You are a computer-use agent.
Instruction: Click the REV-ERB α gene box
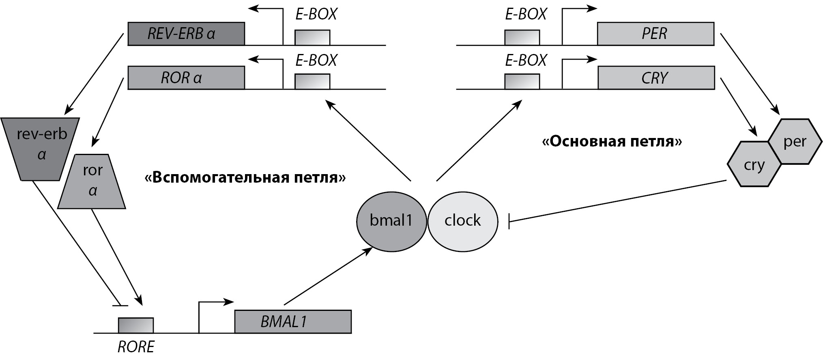(186, 34)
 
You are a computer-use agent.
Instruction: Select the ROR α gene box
(186, 78)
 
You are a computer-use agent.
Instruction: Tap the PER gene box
(655, 34)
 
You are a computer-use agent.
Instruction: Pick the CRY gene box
(656, 78)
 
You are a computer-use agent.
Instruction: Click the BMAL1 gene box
(292, 322)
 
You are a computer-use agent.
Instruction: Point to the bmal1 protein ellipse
(391, 221)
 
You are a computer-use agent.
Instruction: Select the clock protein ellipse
(463, 221)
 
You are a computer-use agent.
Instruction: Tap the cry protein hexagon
(754, 164)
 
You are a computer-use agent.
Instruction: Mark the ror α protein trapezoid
(92, 182)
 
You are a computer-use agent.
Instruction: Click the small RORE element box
(135, 325)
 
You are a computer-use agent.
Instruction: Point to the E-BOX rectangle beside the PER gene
(522, 37)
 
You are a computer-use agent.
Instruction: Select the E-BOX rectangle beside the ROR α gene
(312, 81)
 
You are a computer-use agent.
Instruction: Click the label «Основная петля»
(612, 142)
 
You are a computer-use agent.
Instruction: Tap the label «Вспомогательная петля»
(245, 177)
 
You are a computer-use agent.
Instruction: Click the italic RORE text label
(136, 347)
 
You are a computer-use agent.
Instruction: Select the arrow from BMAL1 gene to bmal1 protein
(328, 276)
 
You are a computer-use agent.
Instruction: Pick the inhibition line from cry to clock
(617, 201)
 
